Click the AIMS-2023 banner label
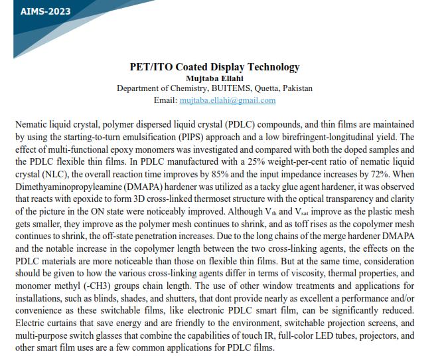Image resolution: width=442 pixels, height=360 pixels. click(x=37, y=11)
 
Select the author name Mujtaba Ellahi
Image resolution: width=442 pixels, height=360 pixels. click(x=214, y=78)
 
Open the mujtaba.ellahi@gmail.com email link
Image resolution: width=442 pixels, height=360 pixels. click(x=228, y=100)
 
